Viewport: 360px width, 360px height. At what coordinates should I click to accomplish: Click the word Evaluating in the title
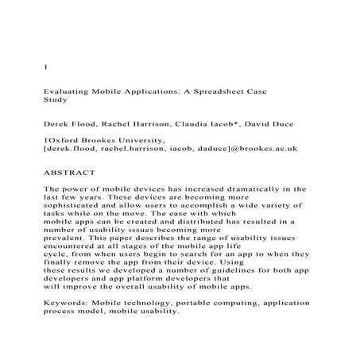click(66, 93)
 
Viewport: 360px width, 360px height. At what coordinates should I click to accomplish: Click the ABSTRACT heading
click(68, 172)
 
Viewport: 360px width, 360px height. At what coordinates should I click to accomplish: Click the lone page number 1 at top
click(43, 67)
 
